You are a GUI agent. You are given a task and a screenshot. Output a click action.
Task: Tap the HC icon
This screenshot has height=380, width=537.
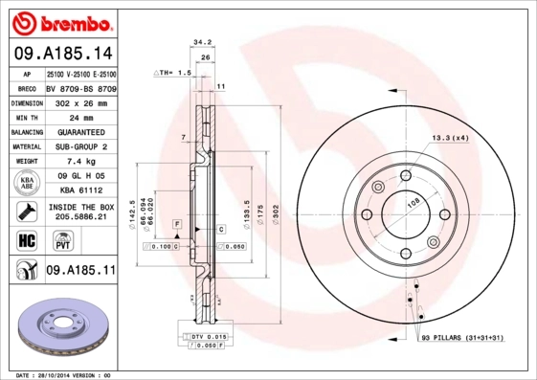click(x=26, y=240)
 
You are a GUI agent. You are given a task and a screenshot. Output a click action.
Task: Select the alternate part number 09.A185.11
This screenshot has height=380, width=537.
click(x=80, y=272)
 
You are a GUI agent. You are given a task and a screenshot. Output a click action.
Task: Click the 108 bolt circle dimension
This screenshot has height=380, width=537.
click(x=415, y=203)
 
